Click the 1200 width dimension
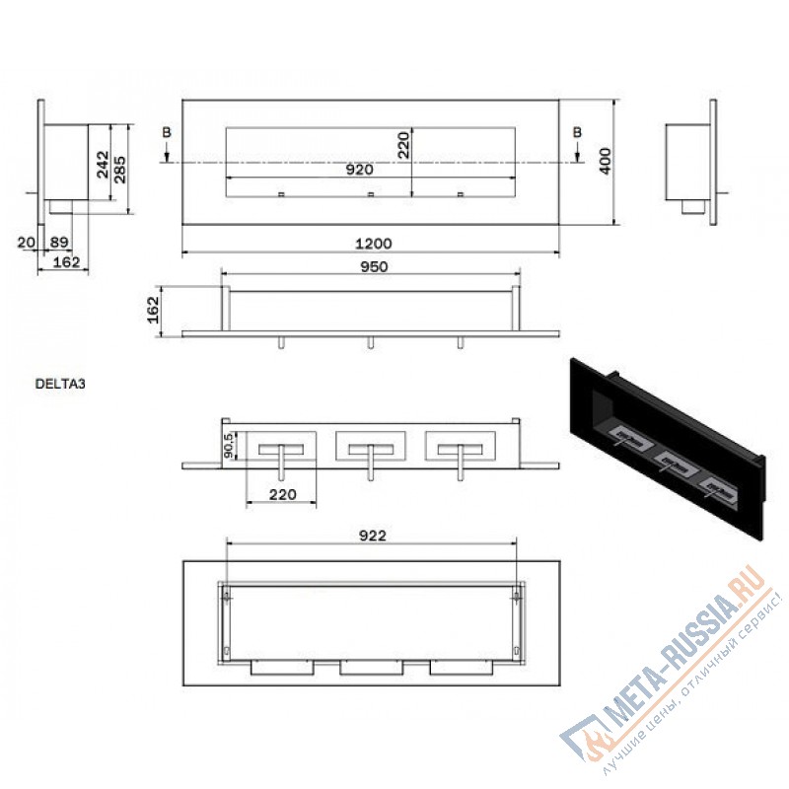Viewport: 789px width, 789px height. pos(374,244)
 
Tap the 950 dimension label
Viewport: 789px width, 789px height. pos(374,266)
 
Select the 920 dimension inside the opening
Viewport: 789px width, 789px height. pos(359,170)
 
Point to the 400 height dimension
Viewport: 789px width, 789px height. pos(606,161)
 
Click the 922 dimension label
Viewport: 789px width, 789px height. pos(373,536)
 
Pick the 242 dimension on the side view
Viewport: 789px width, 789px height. pos(103,164)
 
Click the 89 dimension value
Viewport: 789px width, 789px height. pos(59,242)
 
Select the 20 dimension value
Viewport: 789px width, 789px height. pos(27,242)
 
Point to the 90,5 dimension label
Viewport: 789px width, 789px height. pos(229,446)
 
